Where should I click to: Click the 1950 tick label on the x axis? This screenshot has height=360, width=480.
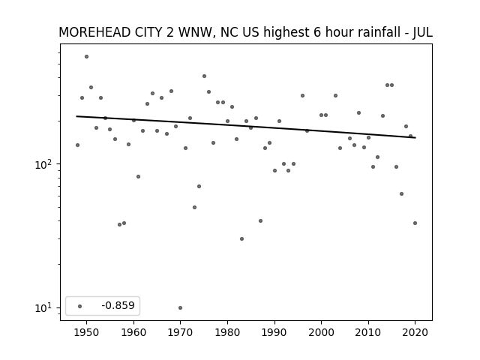(x=87, y=332)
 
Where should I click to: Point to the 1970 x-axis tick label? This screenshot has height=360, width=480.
(x=180, y=332)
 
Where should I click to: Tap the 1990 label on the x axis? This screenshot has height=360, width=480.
(x=274, y=332)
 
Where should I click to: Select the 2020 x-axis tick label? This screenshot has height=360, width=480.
(x=415, y=332)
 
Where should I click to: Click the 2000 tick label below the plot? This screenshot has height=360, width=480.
(x=322, y=332)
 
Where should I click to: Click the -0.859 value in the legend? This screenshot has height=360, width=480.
(x=118, y=305)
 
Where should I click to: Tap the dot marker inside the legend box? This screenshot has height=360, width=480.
(x=80, y=306)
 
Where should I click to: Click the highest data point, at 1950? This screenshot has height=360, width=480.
(x=87, y=57)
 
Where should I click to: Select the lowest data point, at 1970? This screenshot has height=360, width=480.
(x=180, y=308)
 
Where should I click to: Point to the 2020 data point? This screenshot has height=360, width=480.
(x=415, y=223)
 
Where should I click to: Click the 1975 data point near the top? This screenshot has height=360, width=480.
(x=204, y=76)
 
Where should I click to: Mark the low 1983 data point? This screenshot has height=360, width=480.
(x=241, y=238)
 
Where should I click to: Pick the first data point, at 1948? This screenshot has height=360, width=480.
(x=77, y=145)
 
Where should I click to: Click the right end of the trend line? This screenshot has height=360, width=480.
(x=415, y=138)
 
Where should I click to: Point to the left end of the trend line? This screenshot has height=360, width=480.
(x=76, y=116)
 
